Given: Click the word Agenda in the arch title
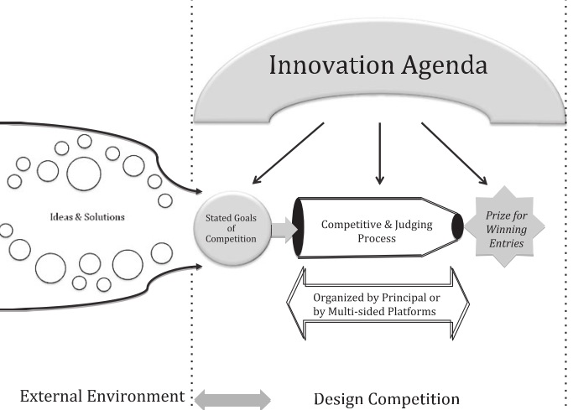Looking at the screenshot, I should (x=435, y=67).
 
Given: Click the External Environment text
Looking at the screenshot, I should (x=101, y=395).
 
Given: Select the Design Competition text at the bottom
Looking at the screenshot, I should (x=387, y=397).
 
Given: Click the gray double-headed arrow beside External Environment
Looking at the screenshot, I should (x=232, y=398).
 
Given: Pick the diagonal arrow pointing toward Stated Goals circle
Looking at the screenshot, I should (x=289, y=153).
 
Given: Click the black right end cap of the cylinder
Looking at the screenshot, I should (x=457, y=227).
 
